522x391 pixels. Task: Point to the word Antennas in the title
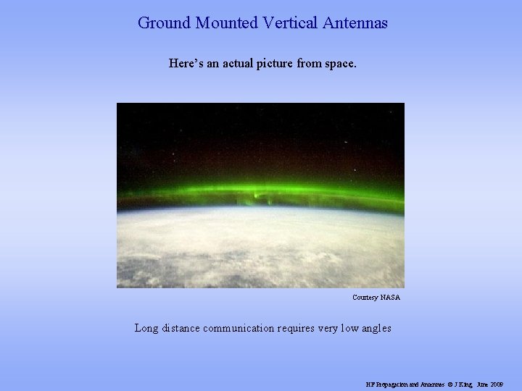[355, 23]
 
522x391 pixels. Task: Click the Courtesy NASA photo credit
[376, 298]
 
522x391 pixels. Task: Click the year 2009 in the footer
[497, 384]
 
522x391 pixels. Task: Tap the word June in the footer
[481, 384]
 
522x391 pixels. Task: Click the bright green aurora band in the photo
[261, 193]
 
